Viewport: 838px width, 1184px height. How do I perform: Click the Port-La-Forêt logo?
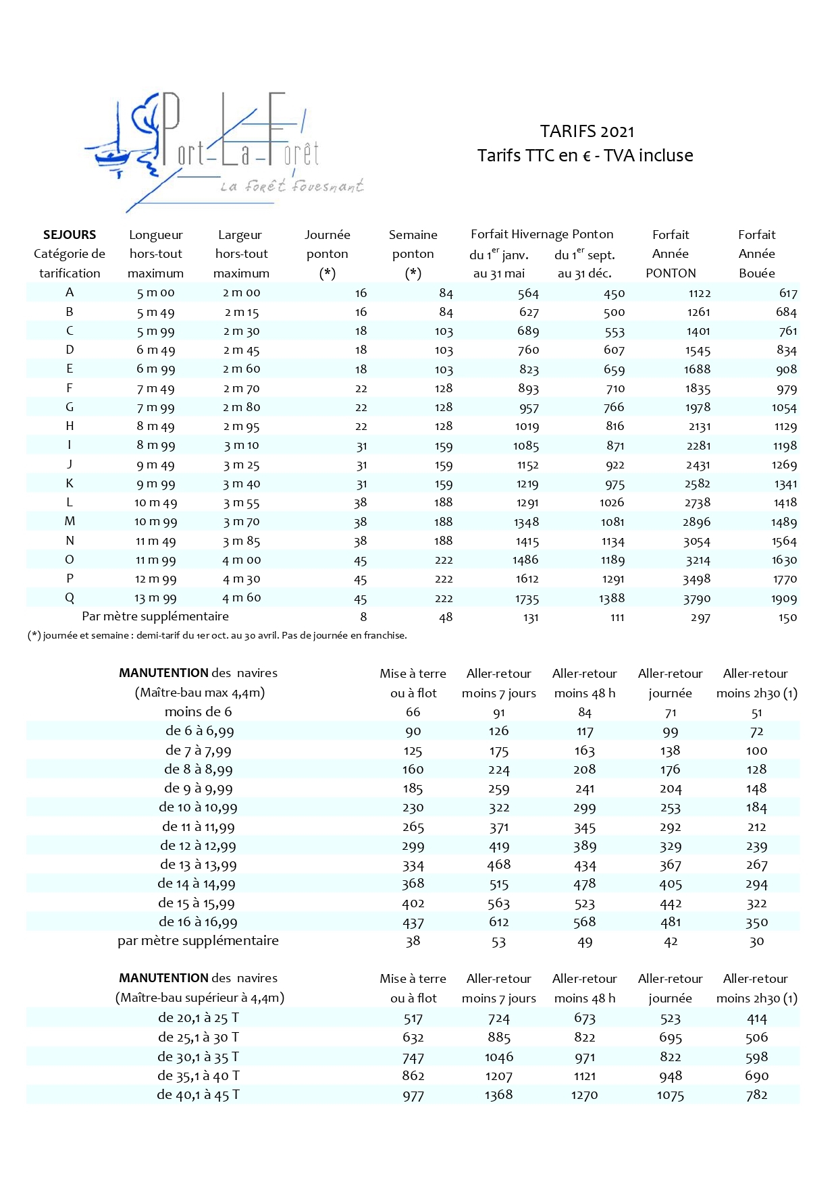click(x=223, y=152)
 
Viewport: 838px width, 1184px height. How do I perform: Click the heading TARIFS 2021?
click(x=587, y=131)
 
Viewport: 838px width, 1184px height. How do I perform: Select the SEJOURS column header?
click(x=70, y=235)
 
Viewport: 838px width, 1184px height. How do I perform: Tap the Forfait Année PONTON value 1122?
click(x=700, y=293)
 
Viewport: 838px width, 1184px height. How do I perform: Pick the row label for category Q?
click(x=70, y=598)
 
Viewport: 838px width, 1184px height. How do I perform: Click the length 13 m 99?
click(x=155, y=598)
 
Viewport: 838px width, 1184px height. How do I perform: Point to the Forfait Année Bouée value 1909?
click(x=784, y=599)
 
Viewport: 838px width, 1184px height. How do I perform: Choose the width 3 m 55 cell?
click(x=241, y=503)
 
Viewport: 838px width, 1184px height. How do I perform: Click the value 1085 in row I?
click(x=526, y=446)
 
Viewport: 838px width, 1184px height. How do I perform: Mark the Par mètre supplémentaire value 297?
click(x=700, y=618)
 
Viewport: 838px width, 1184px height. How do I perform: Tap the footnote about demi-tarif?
click(x=217, y=635)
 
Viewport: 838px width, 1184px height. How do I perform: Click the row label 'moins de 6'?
click(x=198, y=711)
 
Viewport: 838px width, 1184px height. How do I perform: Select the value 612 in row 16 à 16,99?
click(x=499, y=922)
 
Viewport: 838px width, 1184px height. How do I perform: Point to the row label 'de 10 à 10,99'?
click(x=198, y=807)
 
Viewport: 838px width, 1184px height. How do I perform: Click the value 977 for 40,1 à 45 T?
click(x=413, y=1096)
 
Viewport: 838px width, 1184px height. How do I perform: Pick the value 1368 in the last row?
click(x=498, y=1095)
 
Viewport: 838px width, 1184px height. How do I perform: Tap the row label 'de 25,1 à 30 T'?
click(x=198, y=1038)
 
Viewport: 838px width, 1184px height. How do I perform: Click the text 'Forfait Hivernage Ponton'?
click(x=542, y=234)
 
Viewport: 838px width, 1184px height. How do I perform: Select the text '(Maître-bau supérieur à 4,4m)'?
click(x=199, y=998)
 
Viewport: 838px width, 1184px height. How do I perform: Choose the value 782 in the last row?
click(x=756, y=1095)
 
